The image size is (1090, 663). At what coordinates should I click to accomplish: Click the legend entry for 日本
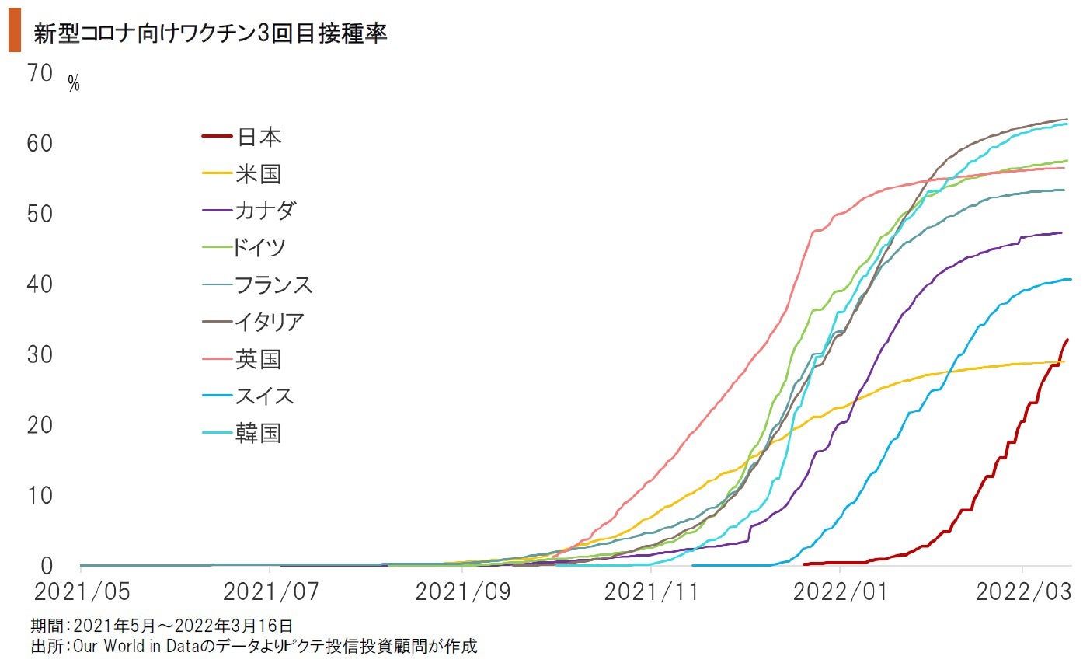coord(259,138)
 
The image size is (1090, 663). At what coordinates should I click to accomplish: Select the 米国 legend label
coord(258,174)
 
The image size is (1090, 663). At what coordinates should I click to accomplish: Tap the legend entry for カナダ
coord(265,211)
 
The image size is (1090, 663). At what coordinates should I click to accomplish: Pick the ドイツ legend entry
coord(259,248)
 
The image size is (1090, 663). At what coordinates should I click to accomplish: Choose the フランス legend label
coord(273,284)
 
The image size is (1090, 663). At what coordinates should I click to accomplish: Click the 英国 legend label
coord(258,359)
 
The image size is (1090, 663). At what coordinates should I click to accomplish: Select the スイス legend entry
coord(265,396)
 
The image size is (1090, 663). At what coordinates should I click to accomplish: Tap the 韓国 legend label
coord(258,433)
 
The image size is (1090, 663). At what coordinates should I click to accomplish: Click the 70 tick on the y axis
coord(40,73)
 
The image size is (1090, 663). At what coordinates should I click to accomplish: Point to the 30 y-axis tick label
coord(40,355)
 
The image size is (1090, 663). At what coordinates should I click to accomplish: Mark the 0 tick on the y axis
coord(47,566)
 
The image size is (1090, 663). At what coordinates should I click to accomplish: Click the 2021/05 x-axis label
coord(82,592)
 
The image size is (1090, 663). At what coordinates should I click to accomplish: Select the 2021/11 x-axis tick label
coord(651,592)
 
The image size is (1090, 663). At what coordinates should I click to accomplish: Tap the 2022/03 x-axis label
coord(1023,592)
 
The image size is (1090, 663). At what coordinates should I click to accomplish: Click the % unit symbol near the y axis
coord(74,84)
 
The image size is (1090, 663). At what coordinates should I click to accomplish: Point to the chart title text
coord(210,33)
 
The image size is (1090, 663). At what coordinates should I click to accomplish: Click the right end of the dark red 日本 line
coord(1067,340)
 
